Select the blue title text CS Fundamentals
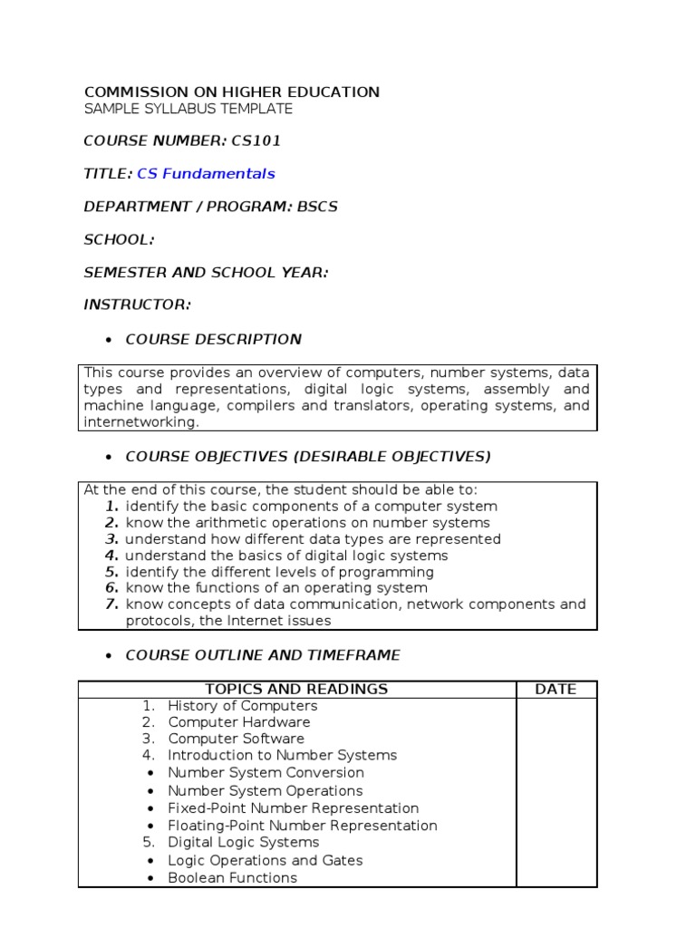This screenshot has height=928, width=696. [x=206, y=173]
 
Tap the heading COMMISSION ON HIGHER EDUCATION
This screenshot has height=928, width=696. [x=232, y=92]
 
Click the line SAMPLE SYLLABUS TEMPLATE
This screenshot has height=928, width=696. [x=188, y=109]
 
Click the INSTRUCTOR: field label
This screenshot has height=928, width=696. [x=137, y=304]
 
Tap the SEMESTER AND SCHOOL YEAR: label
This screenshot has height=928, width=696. [x=206, y=271]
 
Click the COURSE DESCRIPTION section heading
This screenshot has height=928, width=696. [x=213, y=339]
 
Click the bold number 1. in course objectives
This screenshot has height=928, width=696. [x=111, y=506]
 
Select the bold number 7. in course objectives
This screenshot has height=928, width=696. [x=111, y=604]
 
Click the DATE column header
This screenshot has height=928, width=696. [x=556, y=689]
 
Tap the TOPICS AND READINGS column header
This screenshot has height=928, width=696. [x=296, y=689]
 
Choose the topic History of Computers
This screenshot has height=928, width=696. [x=242, y=705]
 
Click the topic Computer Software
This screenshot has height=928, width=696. [x=236, y=738]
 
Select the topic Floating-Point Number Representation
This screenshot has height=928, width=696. [x=302, y=825]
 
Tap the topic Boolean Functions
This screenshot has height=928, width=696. [x=232, y=877]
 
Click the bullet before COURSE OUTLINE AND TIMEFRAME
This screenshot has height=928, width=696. [x=108, y=655]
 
